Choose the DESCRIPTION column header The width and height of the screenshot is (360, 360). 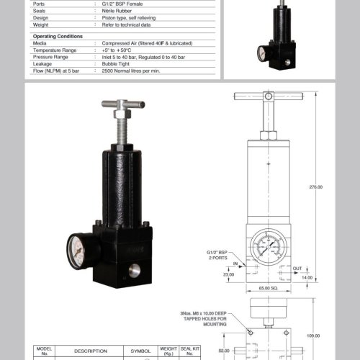click(90, 352)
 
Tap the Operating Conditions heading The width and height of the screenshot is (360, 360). click(58, 36)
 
